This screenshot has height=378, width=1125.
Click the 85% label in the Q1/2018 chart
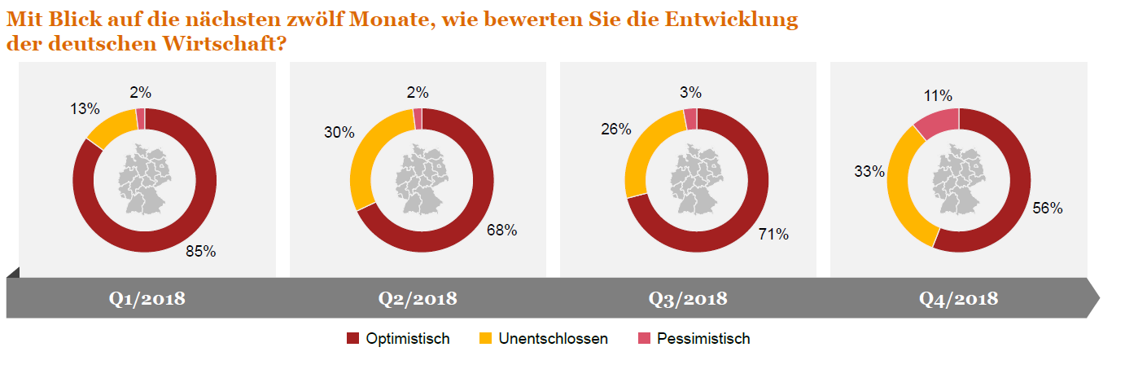[x=199, y=252]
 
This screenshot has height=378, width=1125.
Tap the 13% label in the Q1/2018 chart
[x=84, y=109]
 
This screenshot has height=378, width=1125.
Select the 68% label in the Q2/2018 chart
[x=501, y=231]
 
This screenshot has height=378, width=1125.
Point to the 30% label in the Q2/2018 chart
[x=339, y=133]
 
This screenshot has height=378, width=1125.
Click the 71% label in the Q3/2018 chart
[x=773, y=235]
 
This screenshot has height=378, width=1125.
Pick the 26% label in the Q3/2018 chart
[x=616, y=129]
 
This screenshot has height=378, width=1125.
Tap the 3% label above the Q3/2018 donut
[x=690, y=93]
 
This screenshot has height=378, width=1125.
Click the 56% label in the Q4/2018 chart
[x=1047, y=208]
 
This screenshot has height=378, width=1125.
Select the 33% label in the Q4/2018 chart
[x=869, y=171]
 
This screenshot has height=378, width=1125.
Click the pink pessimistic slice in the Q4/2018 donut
[x=936, y=122]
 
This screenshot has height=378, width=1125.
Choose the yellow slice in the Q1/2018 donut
[x=112, y=129]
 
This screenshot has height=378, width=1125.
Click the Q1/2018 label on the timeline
[x=147, y=299]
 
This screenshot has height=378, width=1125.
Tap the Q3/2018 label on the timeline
[x=688, y=299]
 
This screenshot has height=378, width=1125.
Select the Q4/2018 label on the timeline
[x=958, y=299]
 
